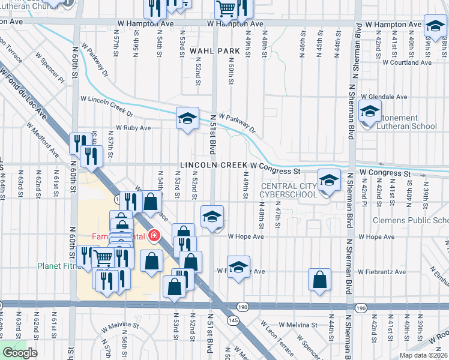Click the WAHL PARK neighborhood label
[210, 52]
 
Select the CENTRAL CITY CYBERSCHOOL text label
[288, 190]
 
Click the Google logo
[20, 352]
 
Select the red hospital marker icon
[155, 235]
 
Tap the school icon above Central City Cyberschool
[328, 181]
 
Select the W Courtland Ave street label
[409, 62]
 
